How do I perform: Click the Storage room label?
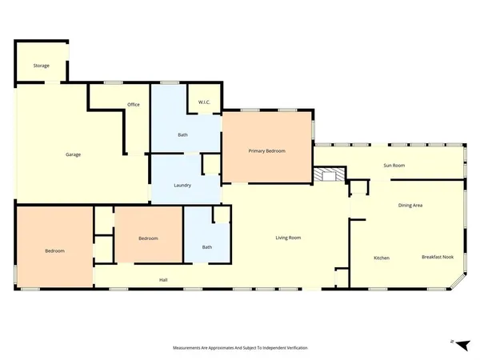point(42,66)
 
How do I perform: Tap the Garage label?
point(73,154)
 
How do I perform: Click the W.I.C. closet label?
point(203,102)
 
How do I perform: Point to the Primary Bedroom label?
point(266,150)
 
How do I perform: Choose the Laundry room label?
point(182,186)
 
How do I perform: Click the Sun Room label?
point(394,166)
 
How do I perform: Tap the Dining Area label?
point(410,206)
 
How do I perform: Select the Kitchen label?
point(382,258)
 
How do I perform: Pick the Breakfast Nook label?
point(437,257)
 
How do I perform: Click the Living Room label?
point(288,238)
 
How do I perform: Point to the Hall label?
point(163,279)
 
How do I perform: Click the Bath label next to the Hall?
point(206,247)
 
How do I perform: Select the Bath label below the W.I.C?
point(182,134)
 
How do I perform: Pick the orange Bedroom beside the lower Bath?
point(148,238)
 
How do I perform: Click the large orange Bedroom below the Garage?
point(54,251)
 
